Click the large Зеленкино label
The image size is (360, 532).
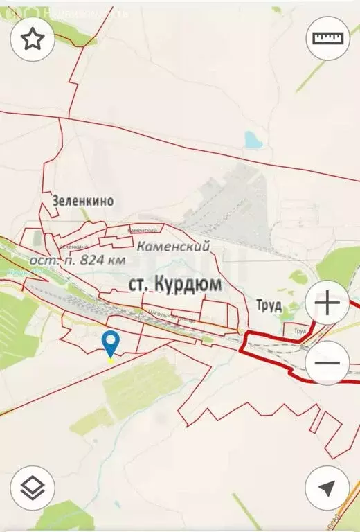[82, 201]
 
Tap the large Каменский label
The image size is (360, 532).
[173, 246]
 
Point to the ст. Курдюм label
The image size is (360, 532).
[175, 284]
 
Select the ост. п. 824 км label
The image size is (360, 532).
[78, 260]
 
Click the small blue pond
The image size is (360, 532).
[253, 141]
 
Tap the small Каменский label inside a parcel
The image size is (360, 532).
[142, 230]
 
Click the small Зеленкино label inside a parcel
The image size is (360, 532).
[73, 246]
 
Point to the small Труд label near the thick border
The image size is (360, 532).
[300, 331]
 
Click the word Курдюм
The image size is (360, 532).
[188, 284]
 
